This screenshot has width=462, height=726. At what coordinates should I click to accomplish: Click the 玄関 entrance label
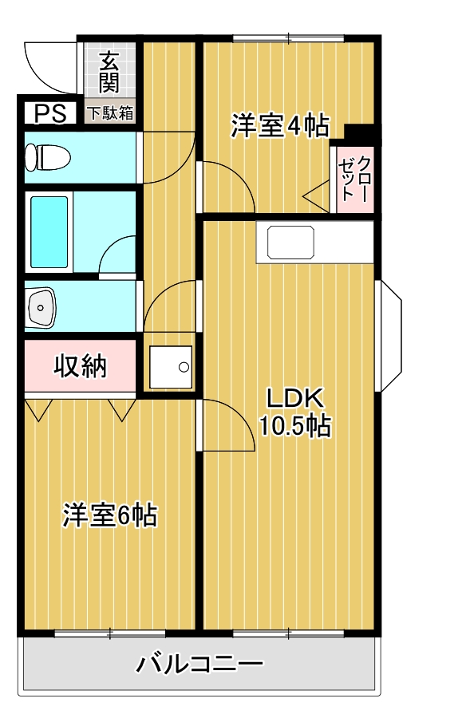tap(109, 71)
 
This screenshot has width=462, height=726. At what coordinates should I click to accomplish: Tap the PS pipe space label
tap(49, 112)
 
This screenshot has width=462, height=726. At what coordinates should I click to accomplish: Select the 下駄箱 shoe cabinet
tap(110, 112)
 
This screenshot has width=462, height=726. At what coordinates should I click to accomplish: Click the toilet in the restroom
tap(46, 156)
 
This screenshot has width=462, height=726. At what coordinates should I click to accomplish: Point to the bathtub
tap(49, 232)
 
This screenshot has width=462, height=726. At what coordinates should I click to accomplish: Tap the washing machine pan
tap(171, 367)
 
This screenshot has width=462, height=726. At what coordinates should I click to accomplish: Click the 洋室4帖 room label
tap(280, 127)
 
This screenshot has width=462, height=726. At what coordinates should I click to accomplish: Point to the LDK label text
tap(293, 398)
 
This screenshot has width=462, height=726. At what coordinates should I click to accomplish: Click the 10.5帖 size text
tap(294, 426)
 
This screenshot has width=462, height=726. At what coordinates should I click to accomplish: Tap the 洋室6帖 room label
tap(109, 515)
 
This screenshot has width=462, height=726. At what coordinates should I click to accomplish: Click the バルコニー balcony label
tap(199, 664)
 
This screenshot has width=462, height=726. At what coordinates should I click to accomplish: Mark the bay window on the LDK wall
tap(389, 335)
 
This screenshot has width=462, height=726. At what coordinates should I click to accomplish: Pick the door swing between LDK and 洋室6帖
tap(225, 423)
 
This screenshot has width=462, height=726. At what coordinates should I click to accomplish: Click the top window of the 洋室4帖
tap(288, 37)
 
